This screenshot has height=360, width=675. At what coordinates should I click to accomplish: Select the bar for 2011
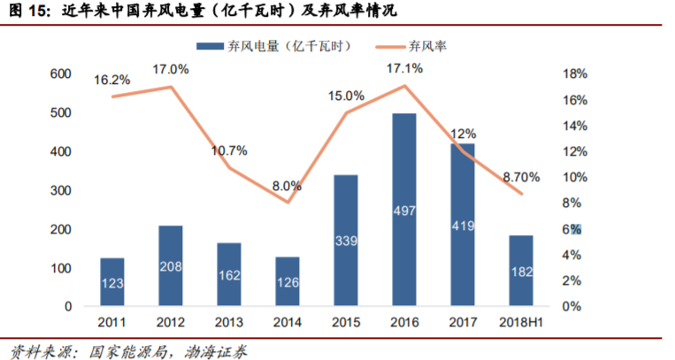tap(111, 282)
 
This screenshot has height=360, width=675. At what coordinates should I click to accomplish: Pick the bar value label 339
tap(346, 241)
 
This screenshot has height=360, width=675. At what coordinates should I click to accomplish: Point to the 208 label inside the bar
tap(170, 264)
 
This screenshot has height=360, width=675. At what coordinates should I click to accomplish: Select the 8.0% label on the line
tap(287, 187)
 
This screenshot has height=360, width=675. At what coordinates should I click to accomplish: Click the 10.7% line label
tap(229, 150)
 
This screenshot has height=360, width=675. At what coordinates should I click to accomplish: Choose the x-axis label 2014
tap(287, 324)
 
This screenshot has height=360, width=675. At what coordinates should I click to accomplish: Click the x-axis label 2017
tap(462, 324)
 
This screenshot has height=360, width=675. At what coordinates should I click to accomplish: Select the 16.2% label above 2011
tap(112, 80)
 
